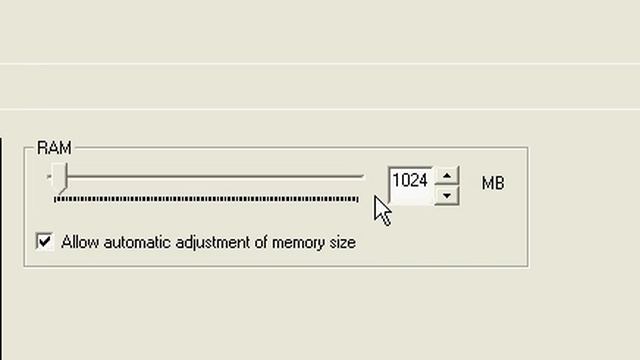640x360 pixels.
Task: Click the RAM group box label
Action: click(54, 147)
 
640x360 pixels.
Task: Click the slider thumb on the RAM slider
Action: click(60, 178)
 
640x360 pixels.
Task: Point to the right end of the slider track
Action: click(363, 176)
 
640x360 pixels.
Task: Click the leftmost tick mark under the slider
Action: click(55, 199)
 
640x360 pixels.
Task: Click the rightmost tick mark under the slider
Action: click(358, 199)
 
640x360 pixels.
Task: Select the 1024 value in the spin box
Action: click(410, 180)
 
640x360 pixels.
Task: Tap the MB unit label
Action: click(493, 183)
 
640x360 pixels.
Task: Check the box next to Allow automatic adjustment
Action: click(44, 241)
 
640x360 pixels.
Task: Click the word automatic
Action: click(138, 242)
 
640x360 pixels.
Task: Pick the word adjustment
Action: click(213, 243)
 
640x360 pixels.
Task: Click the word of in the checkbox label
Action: click(261, 242)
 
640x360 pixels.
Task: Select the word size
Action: click(342, 242)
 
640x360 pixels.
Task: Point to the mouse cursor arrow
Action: click(382, 211)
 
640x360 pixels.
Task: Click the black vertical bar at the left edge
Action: click(1, 249)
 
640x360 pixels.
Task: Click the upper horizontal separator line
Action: click(320, 64)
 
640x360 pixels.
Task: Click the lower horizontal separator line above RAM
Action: click(320, 109)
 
